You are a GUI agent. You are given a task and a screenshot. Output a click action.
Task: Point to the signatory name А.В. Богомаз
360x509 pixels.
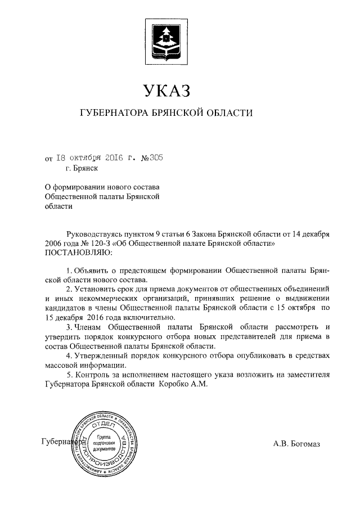[x=296, y=444]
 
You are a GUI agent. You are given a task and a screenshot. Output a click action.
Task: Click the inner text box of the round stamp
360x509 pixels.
[x=105, y=444]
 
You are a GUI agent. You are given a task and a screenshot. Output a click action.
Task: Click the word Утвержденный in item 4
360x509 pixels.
[x=102, y=355]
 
